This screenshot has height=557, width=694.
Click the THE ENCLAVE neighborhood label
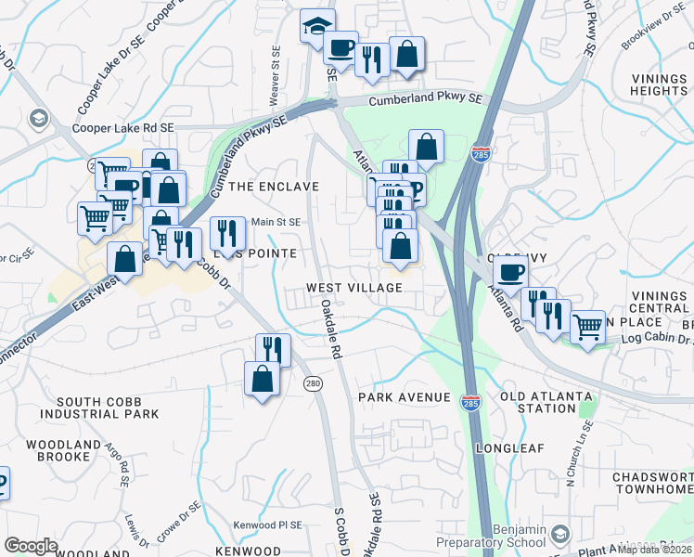coord(274,187)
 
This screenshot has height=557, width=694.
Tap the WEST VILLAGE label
coord(354,288)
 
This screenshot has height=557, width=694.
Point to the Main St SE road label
coord(276,222)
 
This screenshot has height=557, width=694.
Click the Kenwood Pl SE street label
coord(268,525)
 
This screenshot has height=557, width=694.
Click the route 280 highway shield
coord(314,382)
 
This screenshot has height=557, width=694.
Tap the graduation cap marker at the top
coord(317,26)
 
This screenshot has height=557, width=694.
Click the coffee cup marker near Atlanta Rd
coord(509,272)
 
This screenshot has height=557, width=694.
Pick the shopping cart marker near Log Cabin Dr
coord(587,327)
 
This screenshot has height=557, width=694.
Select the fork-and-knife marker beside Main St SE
coord(226,233)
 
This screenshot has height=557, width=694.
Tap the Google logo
coord(31,546)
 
